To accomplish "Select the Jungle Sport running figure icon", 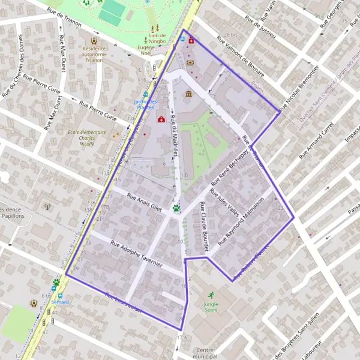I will (x=211, y=295).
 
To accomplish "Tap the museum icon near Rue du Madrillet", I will (x=189, y=95).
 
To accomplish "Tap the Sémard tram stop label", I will (x=60, y=302).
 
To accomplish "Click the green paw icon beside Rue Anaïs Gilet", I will (x=176, y=208).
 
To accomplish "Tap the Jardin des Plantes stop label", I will (x=146, y=104).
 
